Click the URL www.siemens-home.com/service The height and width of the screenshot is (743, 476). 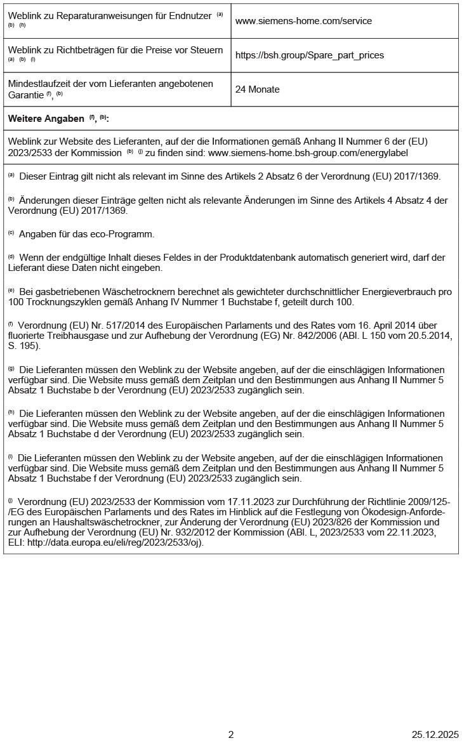(303, 21)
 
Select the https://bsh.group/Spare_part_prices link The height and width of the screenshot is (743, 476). (309, 55)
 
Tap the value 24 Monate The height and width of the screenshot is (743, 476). (257, 89)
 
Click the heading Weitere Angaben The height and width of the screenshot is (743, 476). (46, 119)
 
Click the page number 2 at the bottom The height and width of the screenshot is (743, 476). (231, 734)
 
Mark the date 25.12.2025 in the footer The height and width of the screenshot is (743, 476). (435, 734)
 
